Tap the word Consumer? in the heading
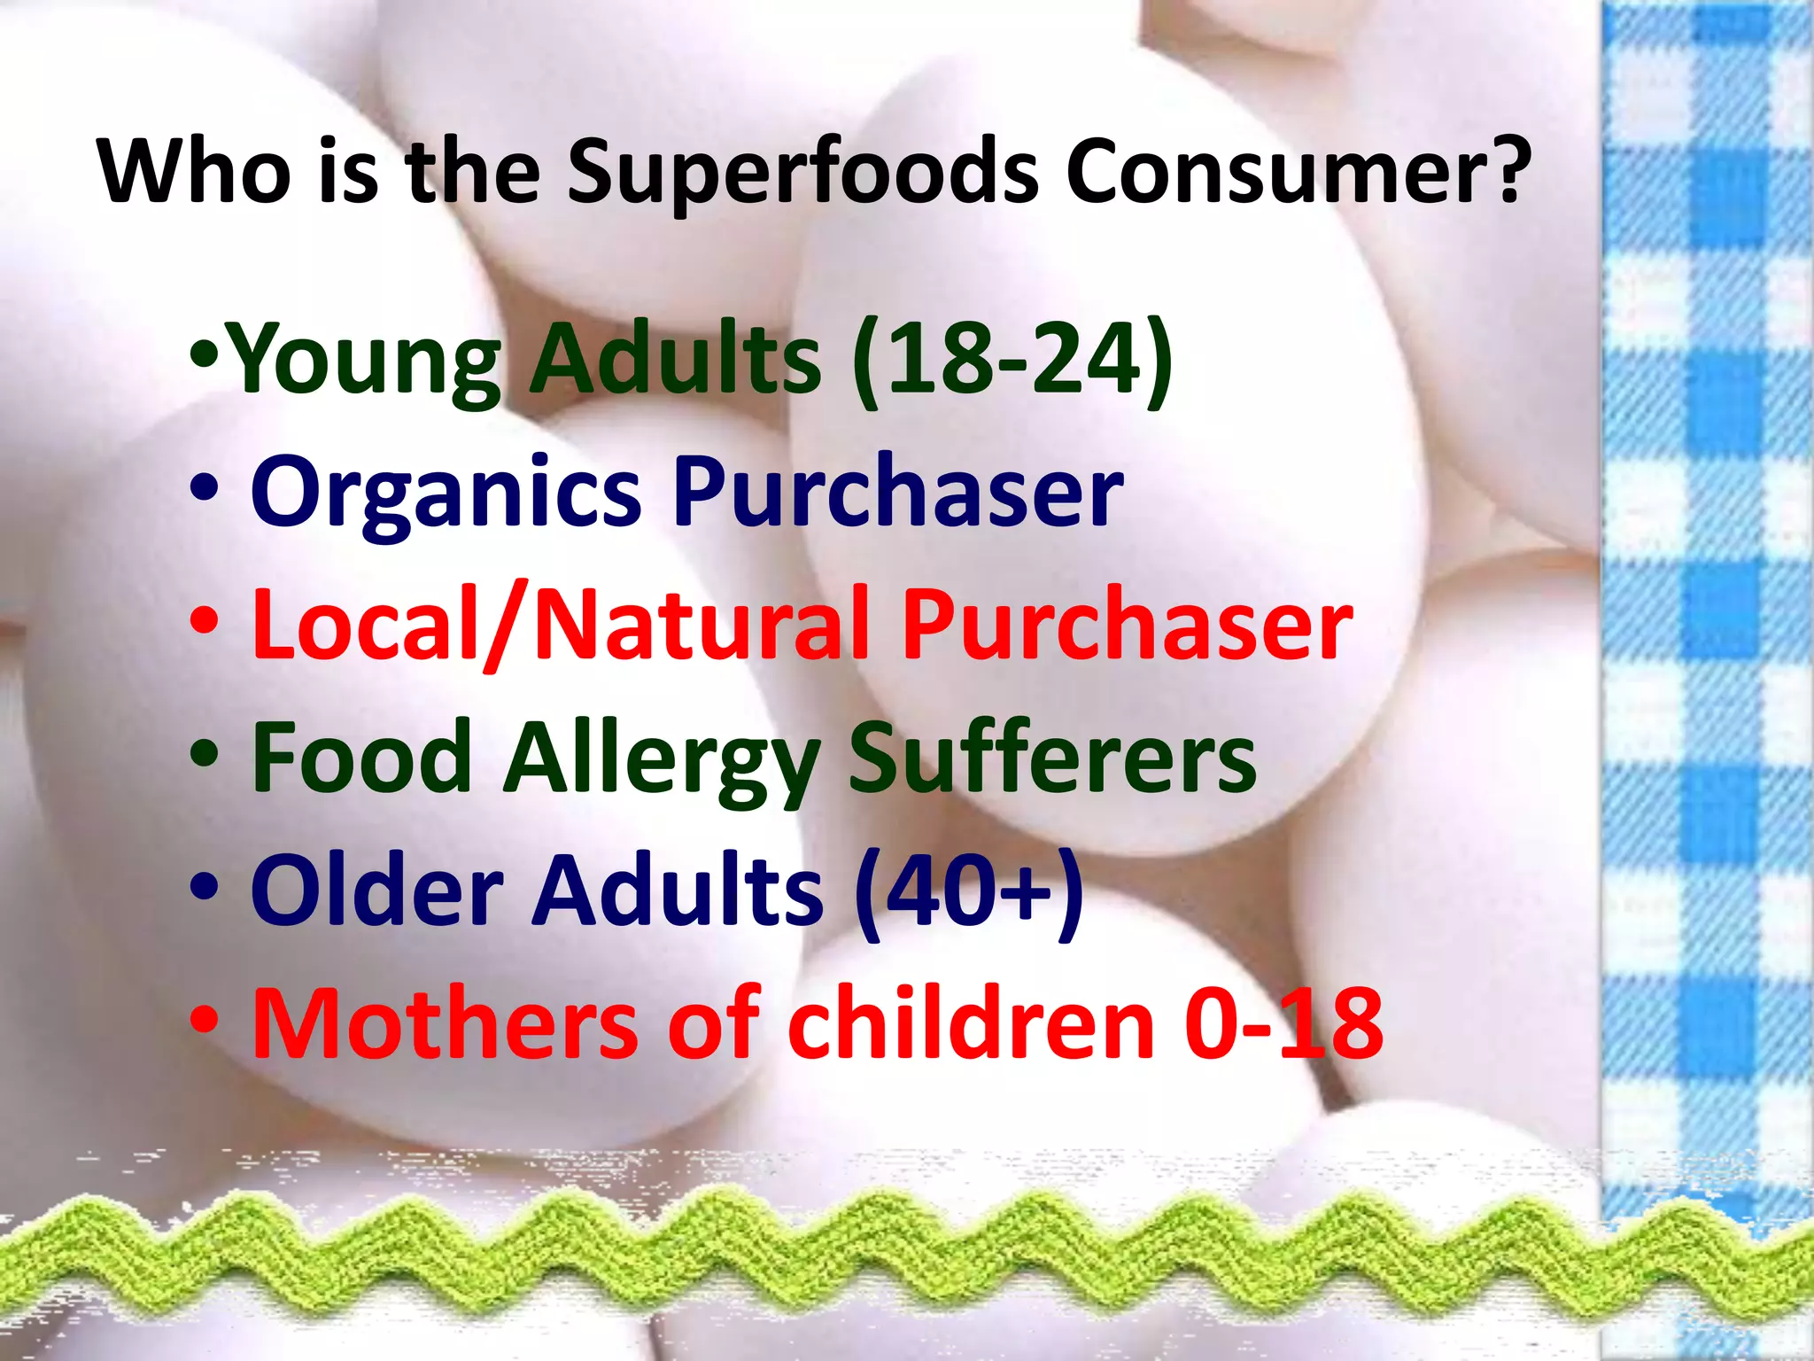click(x=1298, y=170)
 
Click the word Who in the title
click(x=194, y=170)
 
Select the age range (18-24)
click(x=1012, y=359)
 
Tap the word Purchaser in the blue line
click(x=897, y=492)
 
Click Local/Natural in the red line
click(x=560, y=625)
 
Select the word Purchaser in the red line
click(x=1127, y=625)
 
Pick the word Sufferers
click(x=1052, y=758)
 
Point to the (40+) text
click(x=970, y=890)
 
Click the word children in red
click(x=971, y=1023)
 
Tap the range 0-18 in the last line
click(x=1283, y=1023)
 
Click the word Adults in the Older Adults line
click(x=677, y=890)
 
